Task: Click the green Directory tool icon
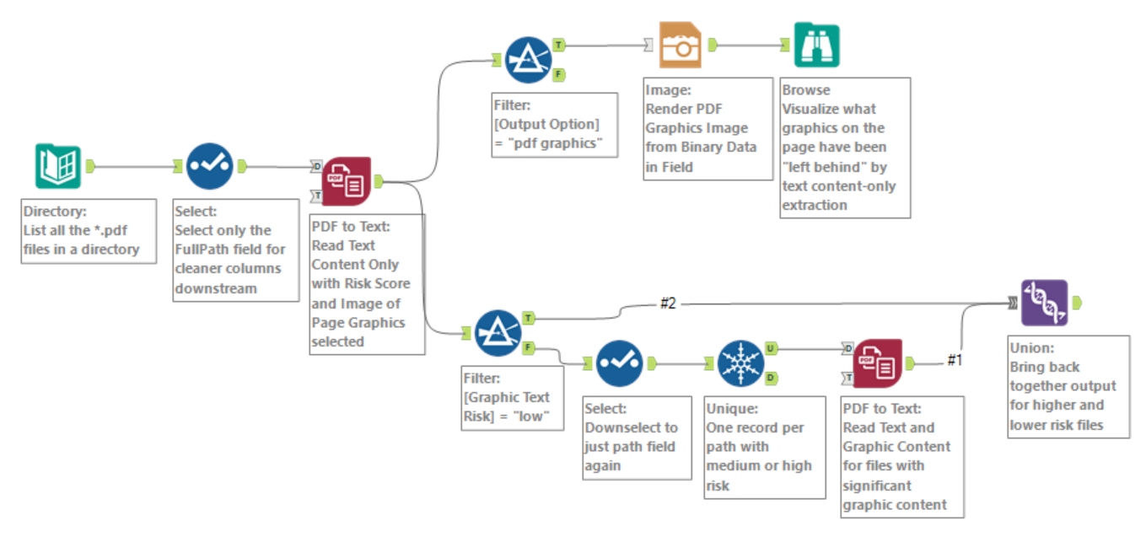pos(57,166)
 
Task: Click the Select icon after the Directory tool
pos(208,166)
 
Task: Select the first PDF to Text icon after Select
pos(347,180)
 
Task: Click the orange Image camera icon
pos(681,45)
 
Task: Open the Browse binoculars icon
pos(816,45)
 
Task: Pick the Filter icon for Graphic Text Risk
pos(498,332)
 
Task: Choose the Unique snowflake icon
pos(740,363)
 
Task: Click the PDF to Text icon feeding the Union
pos(878,363)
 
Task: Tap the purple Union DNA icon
pos(1044,303)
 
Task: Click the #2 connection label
pos(668,303)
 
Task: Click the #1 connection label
pos(955,360)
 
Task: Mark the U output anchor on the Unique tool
pos(772,347)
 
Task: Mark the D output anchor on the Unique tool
pos(772,379)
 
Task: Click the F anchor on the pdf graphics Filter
pos(559,75)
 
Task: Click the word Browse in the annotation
pos(806,90)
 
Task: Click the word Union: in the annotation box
pos(1031,347)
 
